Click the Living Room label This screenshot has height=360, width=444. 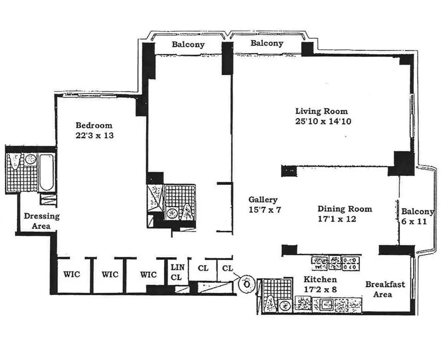click(x=321, y=111)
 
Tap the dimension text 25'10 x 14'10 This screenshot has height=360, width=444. click(x=323, y=122)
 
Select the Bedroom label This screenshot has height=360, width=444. click(x=94, y=125)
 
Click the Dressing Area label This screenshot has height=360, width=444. click(x=42, y=221)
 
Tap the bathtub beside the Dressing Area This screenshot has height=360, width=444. click(x=46, y=172)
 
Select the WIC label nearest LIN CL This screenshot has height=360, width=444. click(x=148, y=275)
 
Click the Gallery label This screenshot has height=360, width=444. click(x=263, y=199)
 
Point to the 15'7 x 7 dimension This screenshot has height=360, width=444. click(x=265, y=210)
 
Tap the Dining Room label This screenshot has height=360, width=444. click(x=345, y=209)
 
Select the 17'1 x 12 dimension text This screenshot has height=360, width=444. click(x=338, y=219)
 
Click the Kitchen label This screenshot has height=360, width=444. click(x=320, y=280)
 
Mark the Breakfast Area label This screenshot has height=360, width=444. click(x=385, y=289)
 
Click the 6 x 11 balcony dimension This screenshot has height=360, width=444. click(x=414, y=222)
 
